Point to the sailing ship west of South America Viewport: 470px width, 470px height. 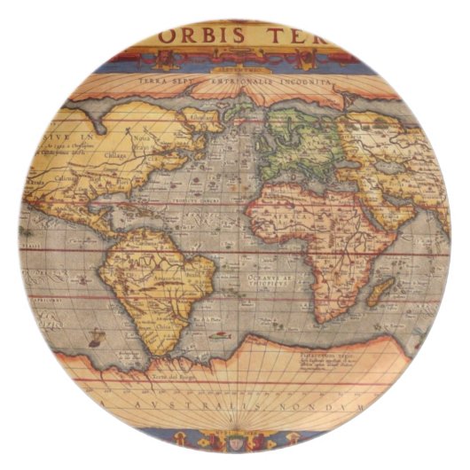click(96, 338)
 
